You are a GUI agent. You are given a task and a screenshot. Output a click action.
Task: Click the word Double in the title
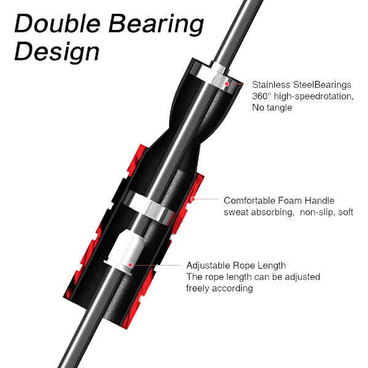(x=58, y=23)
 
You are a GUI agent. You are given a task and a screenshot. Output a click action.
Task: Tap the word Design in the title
(x=57, y=52)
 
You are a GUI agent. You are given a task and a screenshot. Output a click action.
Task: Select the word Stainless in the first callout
(x=271, y=85)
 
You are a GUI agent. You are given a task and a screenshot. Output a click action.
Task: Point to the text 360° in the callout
(x=261, y=96)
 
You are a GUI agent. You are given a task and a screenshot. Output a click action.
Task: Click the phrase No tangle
(x=272, y=108)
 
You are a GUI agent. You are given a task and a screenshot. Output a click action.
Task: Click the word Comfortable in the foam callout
(x=250, y=201)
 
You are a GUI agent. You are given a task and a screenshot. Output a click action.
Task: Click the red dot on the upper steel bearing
(x=227, y=84)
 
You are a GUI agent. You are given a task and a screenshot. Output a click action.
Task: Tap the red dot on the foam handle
(x=193, y=199)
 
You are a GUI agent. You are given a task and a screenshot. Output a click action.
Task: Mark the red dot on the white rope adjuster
(x=130, y=265)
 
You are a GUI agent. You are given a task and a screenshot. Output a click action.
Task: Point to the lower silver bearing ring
(x=149, y=207)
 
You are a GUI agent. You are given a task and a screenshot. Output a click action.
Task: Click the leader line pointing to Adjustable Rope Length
(x=156, y=265)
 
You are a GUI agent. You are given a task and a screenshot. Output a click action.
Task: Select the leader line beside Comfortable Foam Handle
(x=206, y=199)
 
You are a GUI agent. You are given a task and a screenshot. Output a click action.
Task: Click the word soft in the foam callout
(x=346, y=212)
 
